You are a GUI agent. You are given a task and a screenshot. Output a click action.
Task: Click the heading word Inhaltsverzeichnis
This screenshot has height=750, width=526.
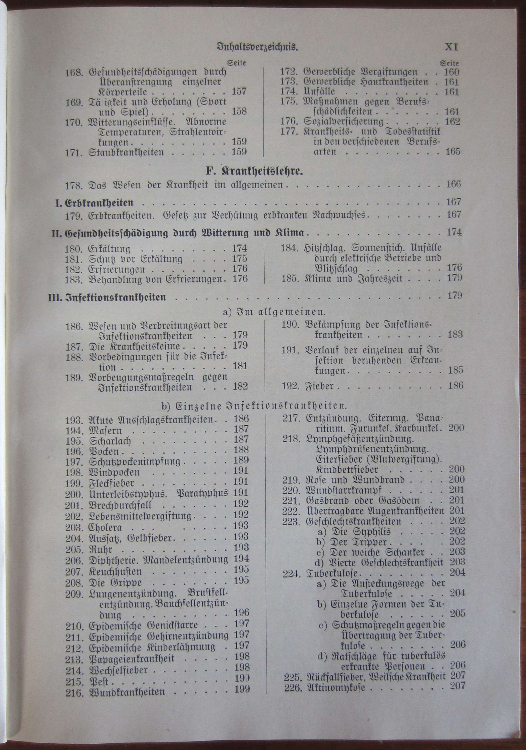(x=258, y=47)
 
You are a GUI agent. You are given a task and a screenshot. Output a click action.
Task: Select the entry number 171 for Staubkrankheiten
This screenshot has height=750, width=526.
(x=74, y=152)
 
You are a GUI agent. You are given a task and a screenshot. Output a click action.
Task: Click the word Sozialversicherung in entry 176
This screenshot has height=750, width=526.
(x=343, y=121)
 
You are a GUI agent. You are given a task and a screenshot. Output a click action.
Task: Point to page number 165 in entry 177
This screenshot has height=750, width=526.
(x=453, y=151)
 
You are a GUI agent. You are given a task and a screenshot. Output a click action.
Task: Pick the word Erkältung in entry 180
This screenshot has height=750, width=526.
(x=109, y=249)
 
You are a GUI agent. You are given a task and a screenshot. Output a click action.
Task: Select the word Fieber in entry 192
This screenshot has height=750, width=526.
(x=320, y=386)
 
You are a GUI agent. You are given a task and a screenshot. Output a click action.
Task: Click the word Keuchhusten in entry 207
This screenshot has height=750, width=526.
(x=115, y=571)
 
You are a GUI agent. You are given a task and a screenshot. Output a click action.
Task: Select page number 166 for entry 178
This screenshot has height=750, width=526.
(x=453, y=184)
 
